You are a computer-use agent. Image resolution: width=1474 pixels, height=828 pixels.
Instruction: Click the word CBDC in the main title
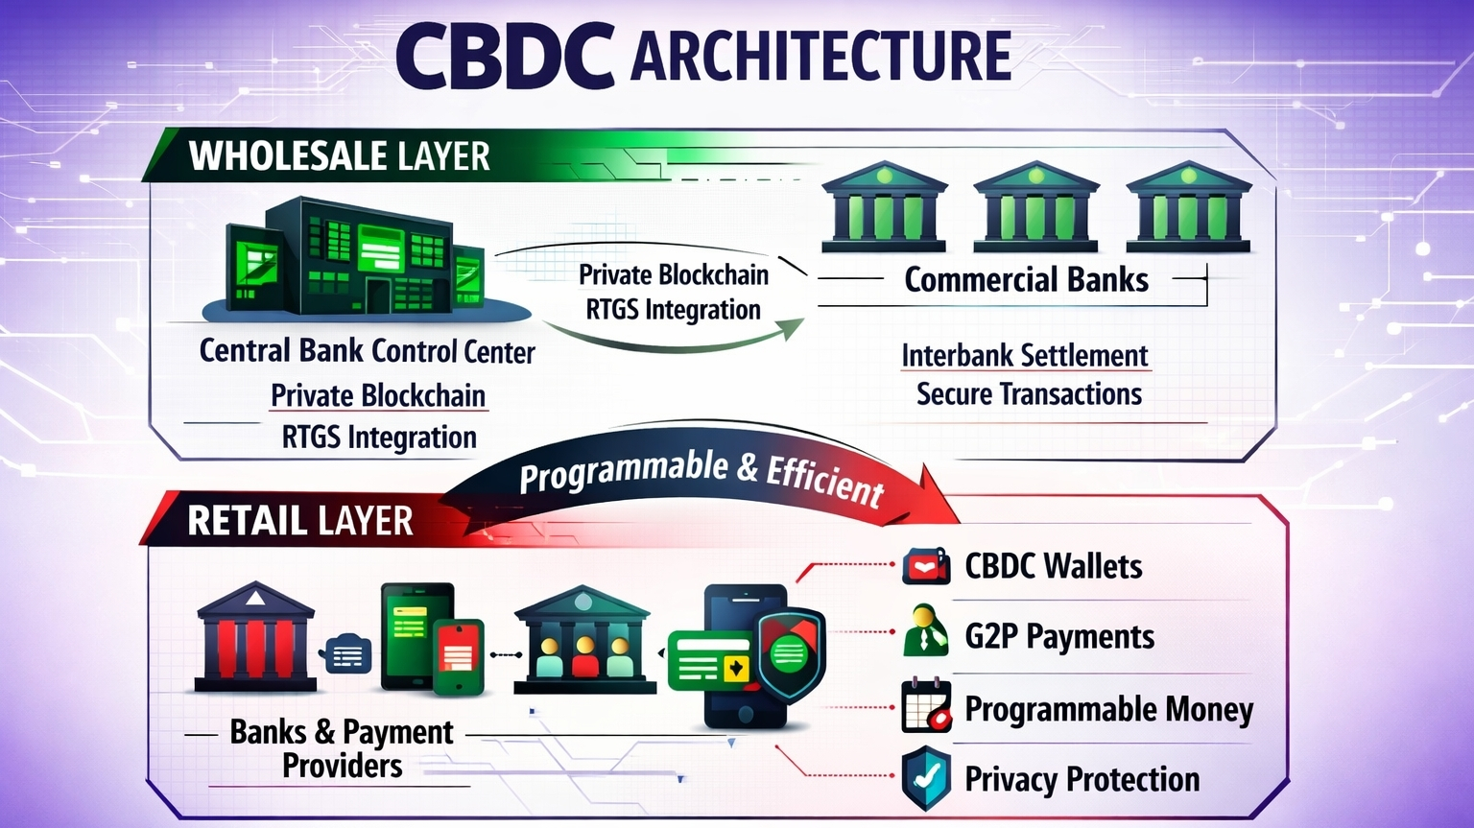[504, 55]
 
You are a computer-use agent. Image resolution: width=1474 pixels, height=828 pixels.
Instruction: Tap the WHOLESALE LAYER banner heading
[339, 156]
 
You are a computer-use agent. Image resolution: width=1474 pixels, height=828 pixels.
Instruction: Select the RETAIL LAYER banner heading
[299, 521]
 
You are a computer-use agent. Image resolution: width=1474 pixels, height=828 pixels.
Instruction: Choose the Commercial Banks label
[1026, 279]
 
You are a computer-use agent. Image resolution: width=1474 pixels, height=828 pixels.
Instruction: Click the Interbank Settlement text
[1024, 355]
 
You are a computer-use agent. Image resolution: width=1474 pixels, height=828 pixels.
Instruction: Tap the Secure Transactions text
[1029, 394]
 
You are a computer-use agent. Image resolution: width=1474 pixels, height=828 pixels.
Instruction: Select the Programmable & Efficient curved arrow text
[701, 474]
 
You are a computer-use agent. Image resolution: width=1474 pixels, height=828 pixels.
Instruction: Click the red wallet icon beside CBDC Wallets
[926, 566]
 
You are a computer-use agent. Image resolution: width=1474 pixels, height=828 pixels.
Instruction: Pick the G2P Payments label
[1058, 636]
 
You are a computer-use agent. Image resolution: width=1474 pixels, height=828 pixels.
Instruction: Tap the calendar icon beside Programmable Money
[926, 707]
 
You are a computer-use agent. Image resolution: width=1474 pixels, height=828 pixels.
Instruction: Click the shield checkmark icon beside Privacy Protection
[926, 778]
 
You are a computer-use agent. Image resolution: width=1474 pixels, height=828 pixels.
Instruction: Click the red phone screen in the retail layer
[459, 656]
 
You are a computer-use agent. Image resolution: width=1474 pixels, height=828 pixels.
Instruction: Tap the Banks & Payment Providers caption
[341, 748]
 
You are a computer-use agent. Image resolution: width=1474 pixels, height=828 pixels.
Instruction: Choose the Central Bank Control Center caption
[367, 351]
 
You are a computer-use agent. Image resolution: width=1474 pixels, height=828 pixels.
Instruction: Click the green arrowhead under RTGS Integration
[792, 328]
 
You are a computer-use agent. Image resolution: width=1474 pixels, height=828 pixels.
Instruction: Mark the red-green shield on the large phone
[791, 652]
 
